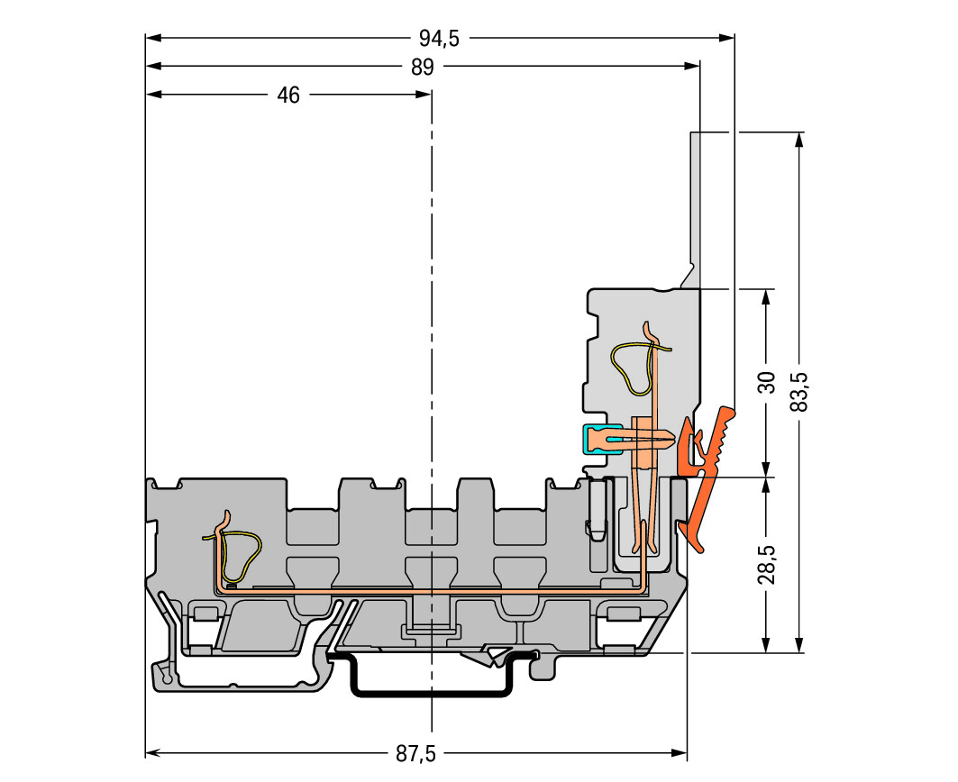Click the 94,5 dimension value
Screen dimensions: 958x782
[x=439, y=39]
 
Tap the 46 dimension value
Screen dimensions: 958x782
[x=288, y=95]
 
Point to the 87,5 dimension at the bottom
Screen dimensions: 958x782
[x=415, y=754]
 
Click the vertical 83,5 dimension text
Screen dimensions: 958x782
[x=799, y=392]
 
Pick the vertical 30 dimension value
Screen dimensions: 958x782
[x=766, y=383]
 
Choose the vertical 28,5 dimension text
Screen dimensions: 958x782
[x=766, y=565]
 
